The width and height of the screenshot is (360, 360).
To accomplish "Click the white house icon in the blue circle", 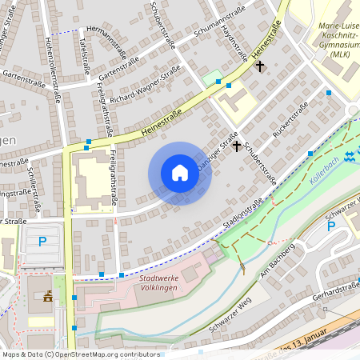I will [x=180, y=172].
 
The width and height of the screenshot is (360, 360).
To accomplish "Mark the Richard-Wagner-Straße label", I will [x=146, y=86].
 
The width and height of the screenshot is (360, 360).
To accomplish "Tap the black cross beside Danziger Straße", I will [x=236, y=146].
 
